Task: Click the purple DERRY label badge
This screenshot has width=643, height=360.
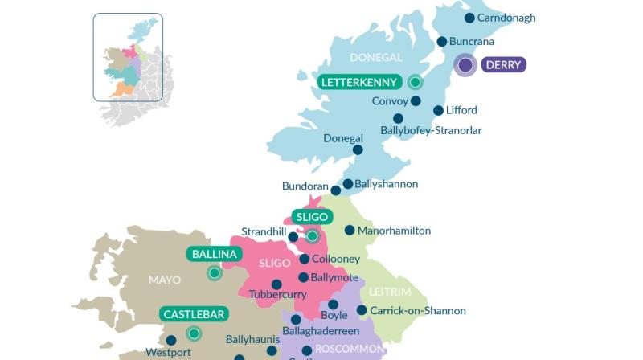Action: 503,65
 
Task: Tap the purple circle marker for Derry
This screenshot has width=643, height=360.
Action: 465,65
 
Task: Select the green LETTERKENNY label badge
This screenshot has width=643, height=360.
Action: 359,82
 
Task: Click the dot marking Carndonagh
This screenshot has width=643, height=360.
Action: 469,18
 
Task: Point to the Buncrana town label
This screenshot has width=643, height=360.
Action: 472,42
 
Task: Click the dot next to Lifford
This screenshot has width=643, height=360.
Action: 438,111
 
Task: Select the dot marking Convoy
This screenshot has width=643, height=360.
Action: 416,101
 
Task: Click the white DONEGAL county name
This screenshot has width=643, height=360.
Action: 375,58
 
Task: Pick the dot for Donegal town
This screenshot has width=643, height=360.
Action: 358,149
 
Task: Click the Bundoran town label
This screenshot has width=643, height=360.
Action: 305,186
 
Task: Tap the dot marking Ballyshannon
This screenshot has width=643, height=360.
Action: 347,184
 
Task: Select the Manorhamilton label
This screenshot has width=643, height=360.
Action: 394,231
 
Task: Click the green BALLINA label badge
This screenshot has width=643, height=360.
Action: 215,255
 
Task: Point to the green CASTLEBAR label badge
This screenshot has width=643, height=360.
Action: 193,314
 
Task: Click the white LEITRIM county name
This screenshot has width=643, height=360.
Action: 390,292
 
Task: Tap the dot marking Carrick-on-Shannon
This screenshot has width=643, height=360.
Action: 362,310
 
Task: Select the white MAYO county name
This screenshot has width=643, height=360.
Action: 165,280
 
